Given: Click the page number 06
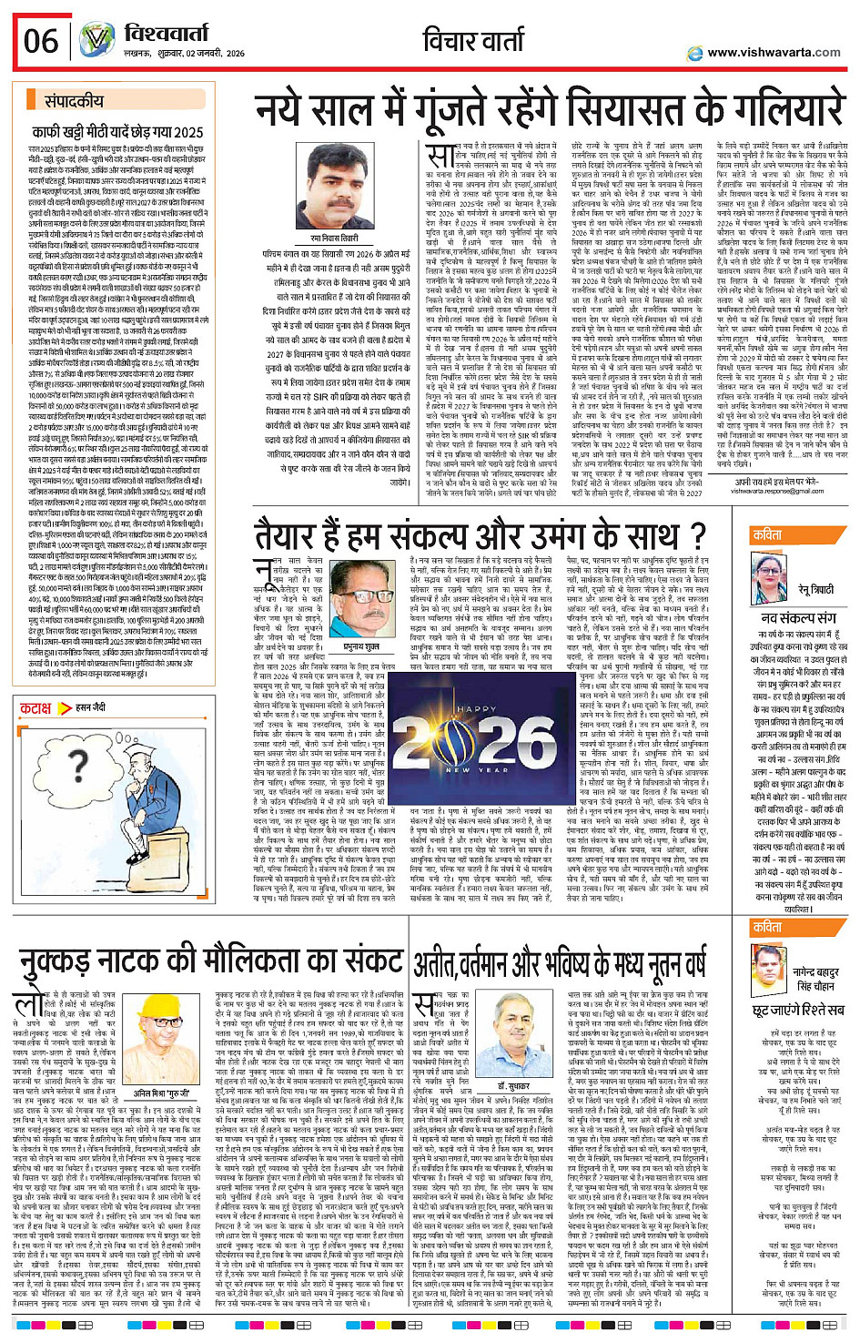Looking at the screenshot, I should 41,41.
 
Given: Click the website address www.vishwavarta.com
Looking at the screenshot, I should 774,53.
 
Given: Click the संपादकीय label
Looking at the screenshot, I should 74,101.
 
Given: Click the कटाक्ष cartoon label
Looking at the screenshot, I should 36,707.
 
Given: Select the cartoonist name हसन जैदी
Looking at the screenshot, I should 91,707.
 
